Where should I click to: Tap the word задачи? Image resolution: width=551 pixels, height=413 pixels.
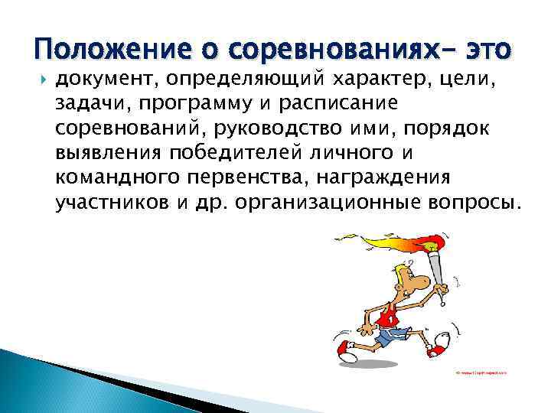point(86,102)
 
